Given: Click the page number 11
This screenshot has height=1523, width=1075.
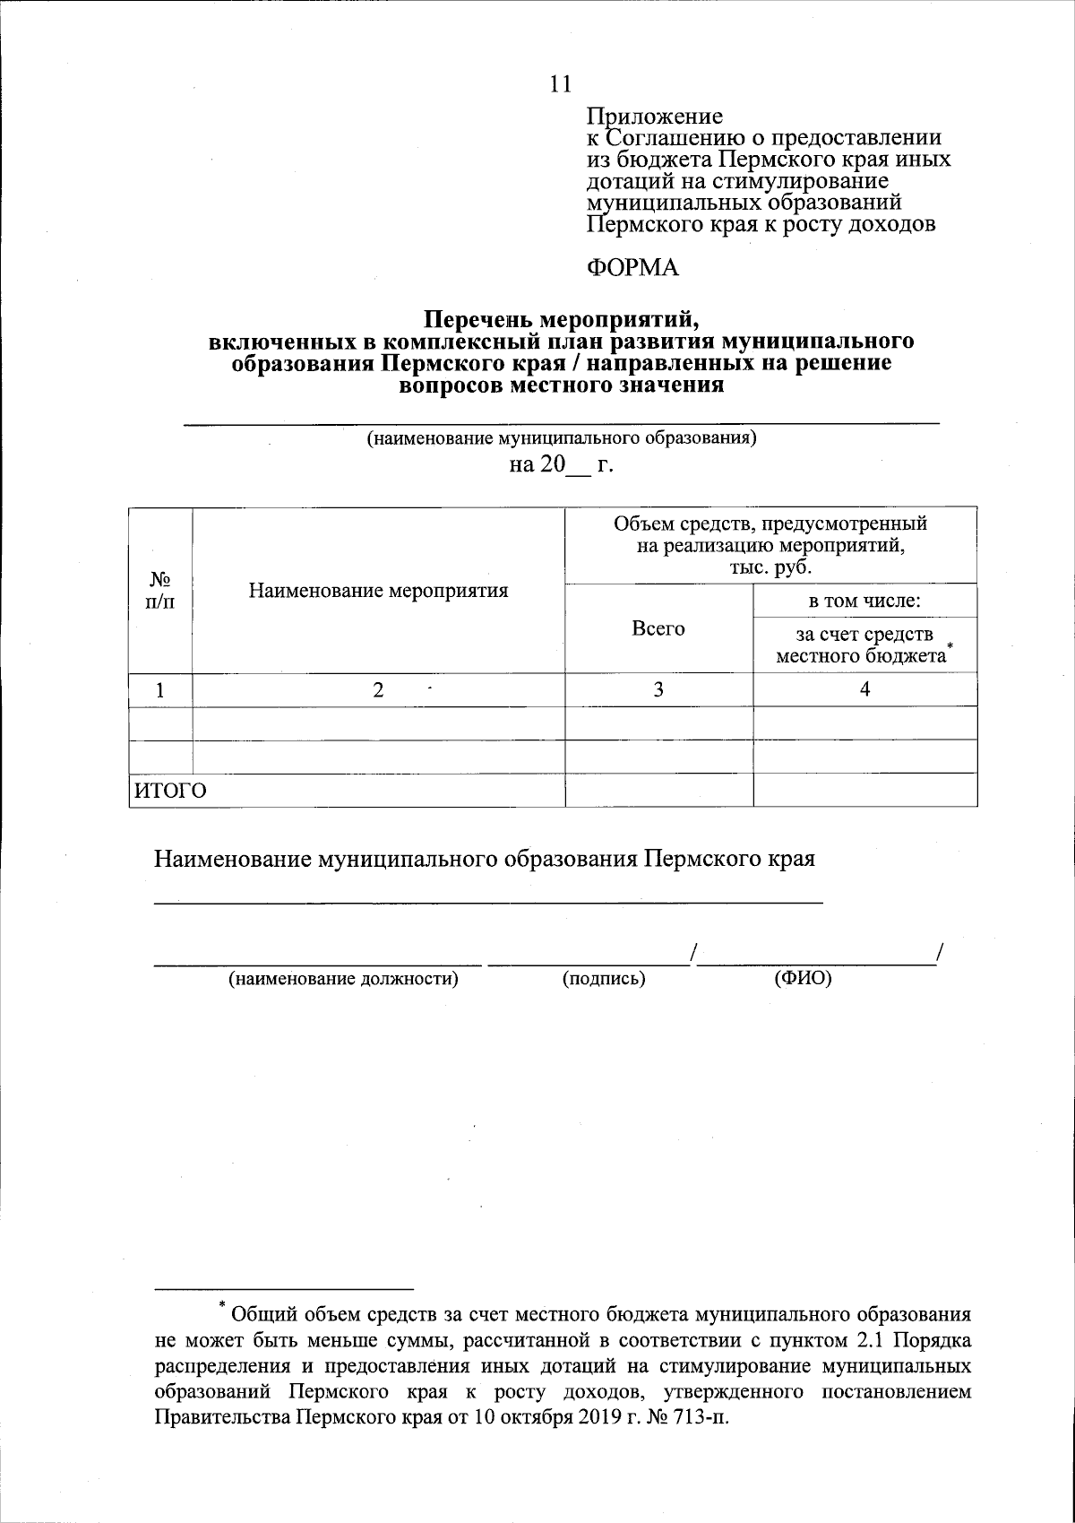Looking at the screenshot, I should click(559, 84).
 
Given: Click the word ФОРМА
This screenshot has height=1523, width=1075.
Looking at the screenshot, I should click(632, 267).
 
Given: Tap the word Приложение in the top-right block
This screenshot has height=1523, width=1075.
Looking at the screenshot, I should click(654, 117).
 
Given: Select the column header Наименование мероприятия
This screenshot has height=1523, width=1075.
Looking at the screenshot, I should click(378, 591).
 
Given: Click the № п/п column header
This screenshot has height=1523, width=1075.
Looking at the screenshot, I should click(160, 590).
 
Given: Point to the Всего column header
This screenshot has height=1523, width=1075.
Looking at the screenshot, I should click(658, 628).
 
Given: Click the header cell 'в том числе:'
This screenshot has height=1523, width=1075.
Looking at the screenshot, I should click(864, 601).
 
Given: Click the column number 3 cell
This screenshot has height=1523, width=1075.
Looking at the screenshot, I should click(658, 689).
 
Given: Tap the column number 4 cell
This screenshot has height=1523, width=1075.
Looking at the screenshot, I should click(864, 689).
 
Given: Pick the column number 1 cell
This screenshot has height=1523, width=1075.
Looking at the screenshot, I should click(160, 690).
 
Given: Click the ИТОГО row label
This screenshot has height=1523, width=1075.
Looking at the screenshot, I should click(170, 791).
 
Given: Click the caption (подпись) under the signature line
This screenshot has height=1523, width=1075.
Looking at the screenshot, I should click(604, 979).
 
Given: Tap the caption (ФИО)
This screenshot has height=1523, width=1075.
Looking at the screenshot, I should click(803, 979).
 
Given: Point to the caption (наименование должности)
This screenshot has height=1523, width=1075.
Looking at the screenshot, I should click(344, 979).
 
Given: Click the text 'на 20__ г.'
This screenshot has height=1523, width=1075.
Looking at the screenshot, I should click(561, 464).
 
